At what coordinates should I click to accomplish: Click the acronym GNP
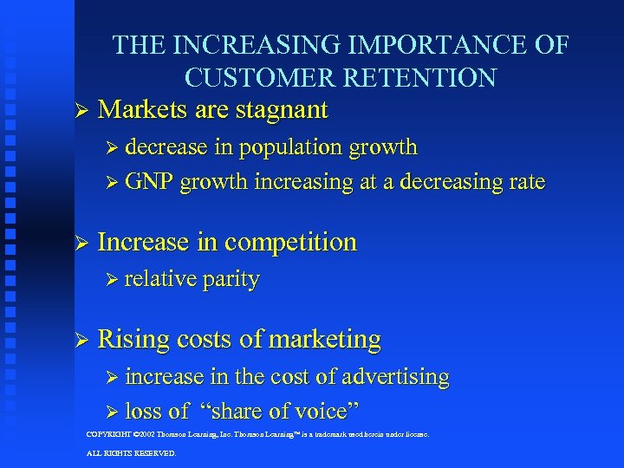(x=149, y=182)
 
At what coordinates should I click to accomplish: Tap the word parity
(x=231, y=280)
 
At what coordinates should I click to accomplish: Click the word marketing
(x=324, y=340)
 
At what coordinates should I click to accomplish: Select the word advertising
(x=394, y=377)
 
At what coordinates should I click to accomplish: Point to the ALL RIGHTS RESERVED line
(x=131, y=453)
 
